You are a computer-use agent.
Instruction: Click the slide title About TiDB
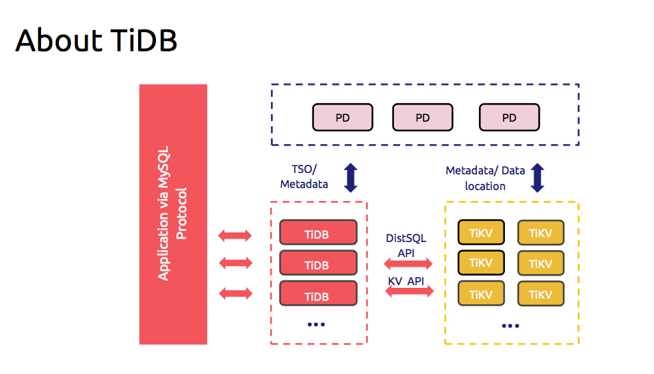click(96, 40)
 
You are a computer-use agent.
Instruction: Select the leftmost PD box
click(343, 117)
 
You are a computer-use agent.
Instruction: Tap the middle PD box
click(423, 117)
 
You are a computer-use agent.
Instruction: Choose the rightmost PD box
click(509, 117)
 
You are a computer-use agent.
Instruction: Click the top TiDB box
click(318, 232)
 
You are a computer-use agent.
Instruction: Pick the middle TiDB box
click(318, 263)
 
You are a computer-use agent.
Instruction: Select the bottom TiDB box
click(318, 293)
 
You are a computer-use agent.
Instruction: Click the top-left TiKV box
click(481, 232)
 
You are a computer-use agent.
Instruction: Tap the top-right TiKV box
click(540, 232)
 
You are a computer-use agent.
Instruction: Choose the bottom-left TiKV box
click(481, 293)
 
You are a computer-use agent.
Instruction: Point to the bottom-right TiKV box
click(540, 293)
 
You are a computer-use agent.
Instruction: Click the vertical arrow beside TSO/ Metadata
click(351, 178)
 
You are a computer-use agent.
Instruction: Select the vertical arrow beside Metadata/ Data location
click(538, 178)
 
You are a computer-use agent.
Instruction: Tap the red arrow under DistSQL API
click(408, 263)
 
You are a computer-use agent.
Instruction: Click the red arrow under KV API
click(409, 291)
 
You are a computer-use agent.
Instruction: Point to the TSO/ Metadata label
click(304, 177)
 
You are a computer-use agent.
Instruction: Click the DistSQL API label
click(406, 245)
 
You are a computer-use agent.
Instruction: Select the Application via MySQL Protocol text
click(172, 213)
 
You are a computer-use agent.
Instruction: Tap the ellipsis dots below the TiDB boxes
click(316, 324)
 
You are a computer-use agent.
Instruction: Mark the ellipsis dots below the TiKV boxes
click(510, 325)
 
